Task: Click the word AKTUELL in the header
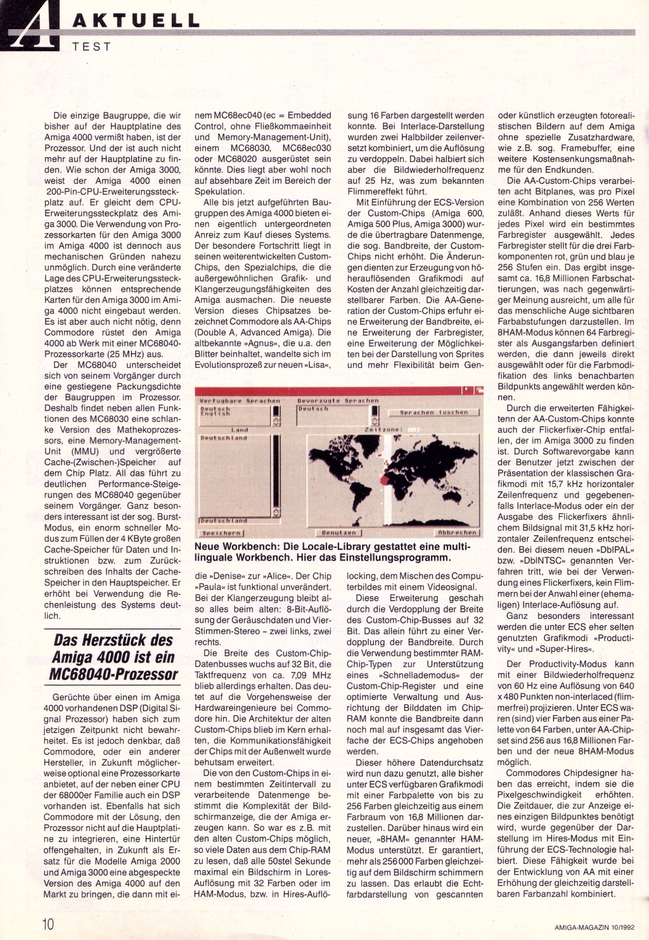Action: click(x=136, y=20)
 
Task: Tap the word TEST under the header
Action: click(x=92, y=47)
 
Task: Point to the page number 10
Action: click(x=49, y=923)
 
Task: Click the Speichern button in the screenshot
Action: click(x=221, y=533)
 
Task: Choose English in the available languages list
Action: click(x=215, y=414)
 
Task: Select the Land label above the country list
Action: click(x=239, y=429)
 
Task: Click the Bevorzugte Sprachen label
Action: click(x=338, y=400)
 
